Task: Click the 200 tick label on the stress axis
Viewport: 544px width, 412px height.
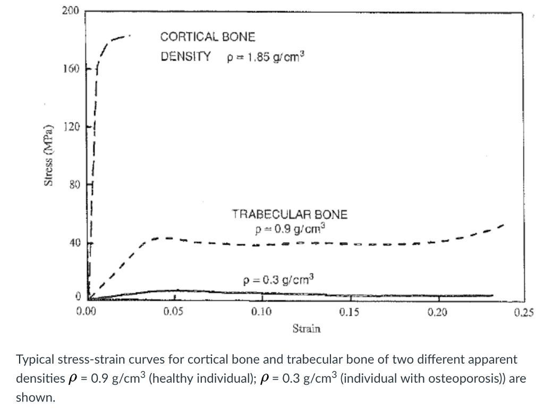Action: tap(70, 11)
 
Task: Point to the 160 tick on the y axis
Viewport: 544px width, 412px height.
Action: tap(70, 69)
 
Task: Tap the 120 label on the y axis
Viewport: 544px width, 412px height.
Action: tap(70, 127)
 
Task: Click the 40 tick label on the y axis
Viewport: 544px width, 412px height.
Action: tap(72, 243)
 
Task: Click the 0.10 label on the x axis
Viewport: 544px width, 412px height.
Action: tap(261, 312)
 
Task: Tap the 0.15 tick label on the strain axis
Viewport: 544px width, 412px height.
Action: tap(349, 312)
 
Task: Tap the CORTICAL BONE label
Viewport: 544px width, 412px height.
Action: tap(208, 37)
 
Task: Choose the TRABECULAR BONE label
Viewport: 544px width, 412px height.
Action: tap(290, 215)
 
